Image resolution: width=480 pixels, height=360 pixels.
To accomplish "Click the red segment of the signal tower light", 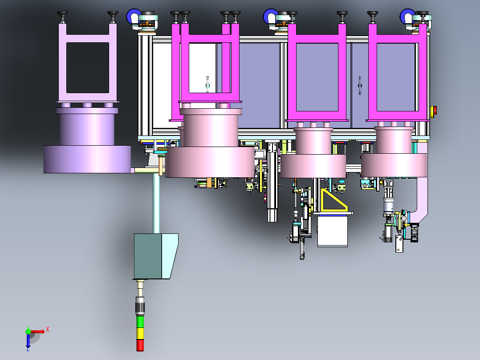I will [x=140, y=345].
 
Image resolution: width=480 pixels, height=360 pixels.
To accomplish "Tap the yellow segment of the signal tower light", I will [x=140, y=333].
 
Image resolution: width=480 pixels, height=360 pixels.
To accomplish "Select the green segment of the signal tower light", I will [x=140, y=322].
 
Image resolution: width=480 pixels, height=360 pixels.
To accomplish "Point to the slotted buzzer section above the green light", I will [x=141, y=307].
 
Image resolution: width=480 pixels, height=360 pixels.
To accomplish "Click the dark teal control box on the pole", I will [x=148, y=257].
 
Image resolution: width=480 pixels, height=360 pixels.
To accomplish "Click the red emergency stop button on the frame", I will [x=435, y=110].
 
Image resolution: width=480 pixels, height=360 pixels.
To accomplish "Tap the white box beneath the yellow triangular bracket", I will [x=332, y=231].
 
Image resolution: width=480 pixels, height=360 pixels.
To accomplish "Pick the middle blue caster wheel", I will [x=270, y=17].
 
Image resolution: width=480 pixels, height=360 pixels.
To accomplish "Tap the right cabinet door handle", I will [x=360, y=85].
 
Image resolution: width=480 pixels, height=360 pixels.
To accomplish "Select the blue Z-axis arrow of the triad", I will [x=28, y=341].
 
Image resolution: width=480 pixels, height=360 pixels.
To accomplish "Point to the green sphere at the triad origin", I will [x=28, y=331].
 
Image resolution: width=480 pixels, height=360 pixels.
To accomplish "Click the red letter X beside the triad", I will [x=48, y=329].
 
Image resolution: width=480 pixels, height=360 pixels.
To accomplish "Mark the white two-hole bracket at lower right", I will [x=399, y=244].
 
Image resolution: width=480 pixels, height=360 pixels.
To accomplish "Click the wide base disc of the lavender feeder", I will [x=87, y=159].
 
